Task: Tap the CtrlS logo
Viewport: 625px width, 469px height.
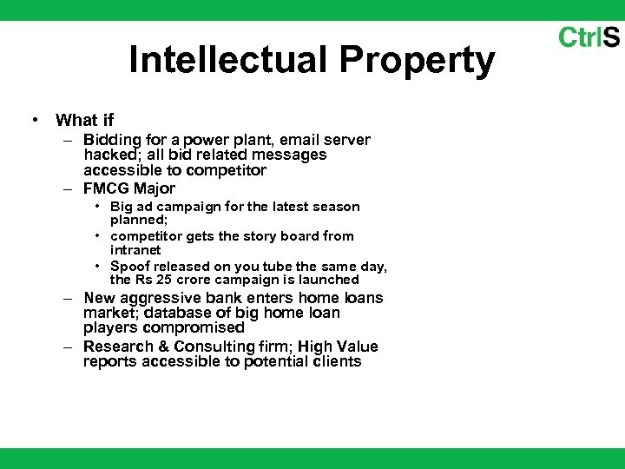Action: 589,37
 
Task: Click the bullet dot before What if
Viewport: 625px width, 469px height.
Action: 32,120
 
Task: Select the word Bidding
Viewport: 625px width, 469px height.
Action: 111,141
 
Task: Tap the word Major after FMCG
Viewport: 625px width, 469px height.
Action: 155,189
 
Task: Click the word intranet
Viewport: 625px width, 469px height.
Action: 135,250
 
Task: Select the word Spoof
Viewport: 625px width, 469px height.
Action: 128,266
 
